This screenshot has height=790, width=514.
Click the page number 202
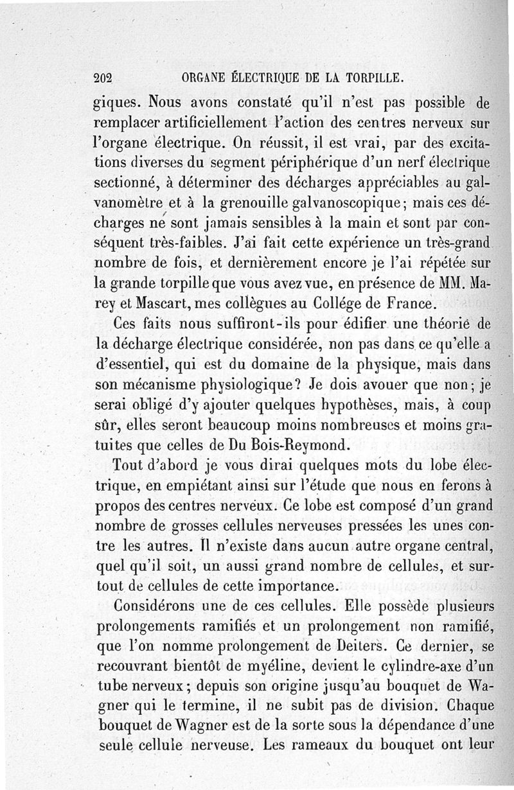pos(103,78)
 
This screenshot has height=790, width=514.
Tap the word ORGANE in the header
pos(203,78)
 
